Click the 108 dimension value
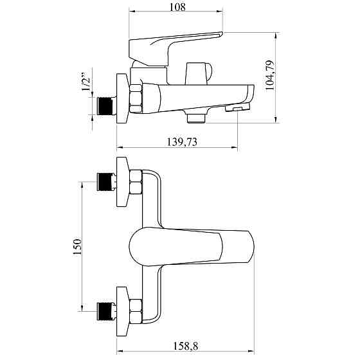[x=177, y=7]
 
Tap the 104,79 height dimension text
[x=269, y=76]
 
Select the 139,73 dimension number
[x=181, y=142]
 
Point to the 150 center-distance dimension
[x=77, y=247]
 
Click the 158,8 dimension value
[x=186, y=346]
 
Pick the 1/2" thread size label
[x=86, y=82]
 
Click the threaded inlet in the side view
[x=107, y=106]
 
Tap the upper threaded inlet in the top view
[x=107, y=182]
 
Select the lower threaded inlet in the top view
[x=107, y=311]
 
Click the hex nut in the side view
[x=136, y=98]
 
